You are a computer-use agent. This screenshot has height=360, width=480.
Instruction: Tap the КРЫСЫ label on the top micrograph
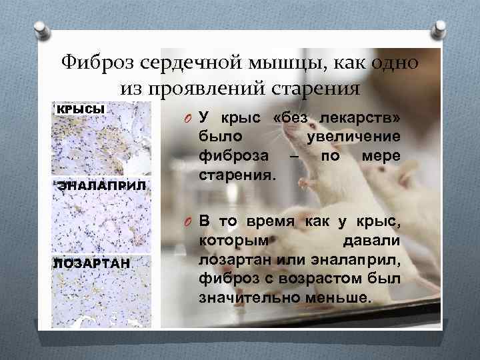point(79,109)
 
